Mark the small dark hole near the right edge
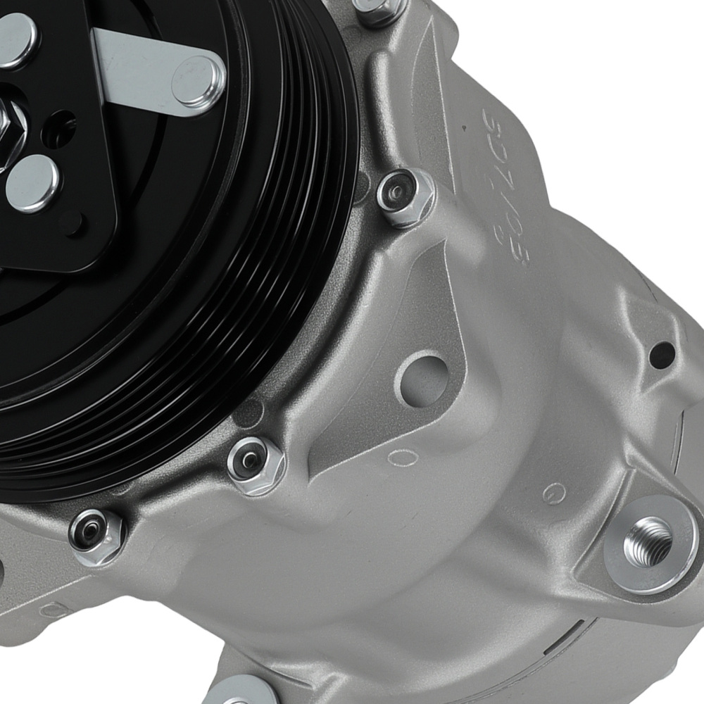(x=662, y=352)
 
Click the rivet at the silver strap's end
(x=198, y=82)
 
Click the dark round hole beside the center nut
(x=59, y=130)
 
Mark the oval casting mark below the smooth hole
(x=403, y=457)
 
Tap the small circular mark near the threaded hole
(x=555, y=490)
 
